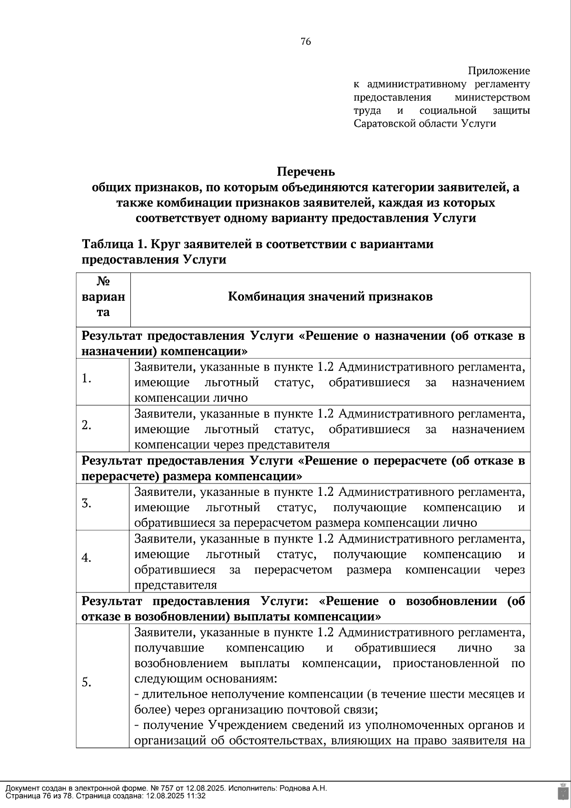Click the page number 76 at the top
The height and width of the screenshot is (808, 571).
[x=306, y=42]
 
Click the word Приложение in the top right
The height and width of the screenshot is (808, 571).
[x=499, y=71]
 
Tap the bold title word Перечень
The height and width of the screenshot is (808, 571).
[x=306, y=171]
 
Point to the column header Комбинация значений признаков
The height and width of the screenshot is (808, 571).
[x=330, y=297]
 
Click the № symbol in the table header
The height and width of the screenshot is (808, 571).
[x=103, y=281]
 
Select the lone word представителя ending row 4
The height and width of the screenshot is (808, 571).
[x=176, y=585]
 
